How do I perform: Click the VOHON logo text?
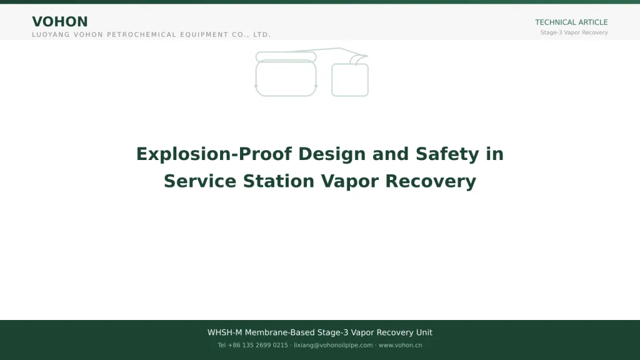point(60,22)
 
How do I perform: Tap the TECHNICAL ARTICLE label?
point(571,22)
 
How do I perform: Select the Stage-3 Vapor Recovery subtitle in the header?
point(574,32)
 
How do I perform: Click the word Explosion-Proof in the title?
point(214,154)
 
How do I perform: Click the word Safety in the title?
point(447,154)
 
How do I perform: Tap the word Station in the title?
point(279,181)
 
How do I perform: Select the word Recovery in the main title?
point(431,181)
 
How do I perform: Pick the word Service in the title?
point(200,181)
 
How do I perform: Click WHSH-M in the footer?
point(224,332)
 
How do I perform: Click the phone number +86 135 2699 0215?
point(257,345)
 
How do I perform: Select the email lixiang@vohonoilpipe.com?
point(333,345)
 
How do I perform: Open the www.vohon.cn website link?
point(400,345)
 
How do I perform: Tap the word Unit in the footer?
point(424,332)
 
